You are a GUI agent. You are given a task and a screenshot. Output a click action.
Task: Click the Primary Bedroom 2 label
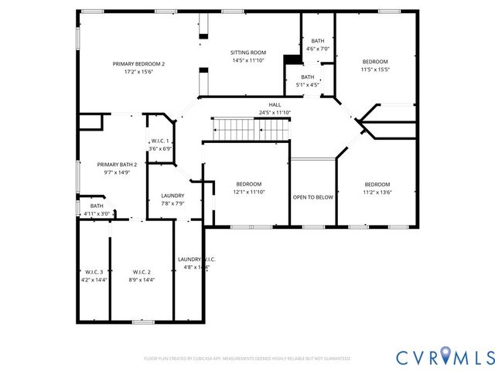click(139, 63)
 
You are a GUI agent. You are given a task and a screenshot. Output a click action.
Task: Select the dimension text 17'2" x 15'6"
click(139, 71)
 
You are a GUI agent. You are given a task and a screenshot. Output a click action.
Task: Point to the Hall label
click(275, 104)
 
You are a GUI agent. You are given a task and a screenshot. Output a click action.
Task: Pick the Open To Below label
click(312, 197)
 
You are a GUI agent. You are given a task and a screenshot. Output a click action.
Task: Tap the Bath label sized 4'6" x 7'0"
click(318, 41)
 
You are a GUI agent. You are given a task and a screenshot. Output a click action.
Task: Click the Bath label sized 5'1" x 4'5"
click(308, 77)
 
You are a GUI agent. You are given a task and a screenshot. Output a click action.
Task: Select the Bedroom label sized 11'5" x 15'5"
click(376, 61)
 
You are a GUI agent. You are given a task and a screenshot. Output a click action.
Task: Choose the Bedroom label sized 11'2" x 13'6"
click(377, 184)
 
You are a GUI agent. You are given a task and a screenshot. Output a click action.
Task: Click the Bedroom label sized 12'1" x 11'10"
click(248, 184)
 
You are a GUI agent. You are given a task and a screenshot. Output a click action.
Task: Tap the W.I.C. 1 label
click(160, 141)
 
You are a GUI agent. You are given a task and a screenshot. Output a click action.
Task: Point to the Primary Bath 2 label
click(117, 165)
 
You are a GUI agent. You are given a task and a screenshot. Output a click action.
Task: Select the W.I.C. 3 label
click(94, 272)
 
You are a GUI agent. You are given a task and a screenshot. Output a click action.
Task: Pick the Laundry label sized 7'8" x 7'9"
click(172, 196)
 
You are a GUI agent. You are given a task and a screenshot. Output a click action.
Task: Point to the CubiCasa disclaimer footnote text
click(247, 359)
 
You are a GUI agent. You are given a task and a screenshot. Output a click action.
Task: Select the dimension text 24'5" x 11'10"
click(275, 113)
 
